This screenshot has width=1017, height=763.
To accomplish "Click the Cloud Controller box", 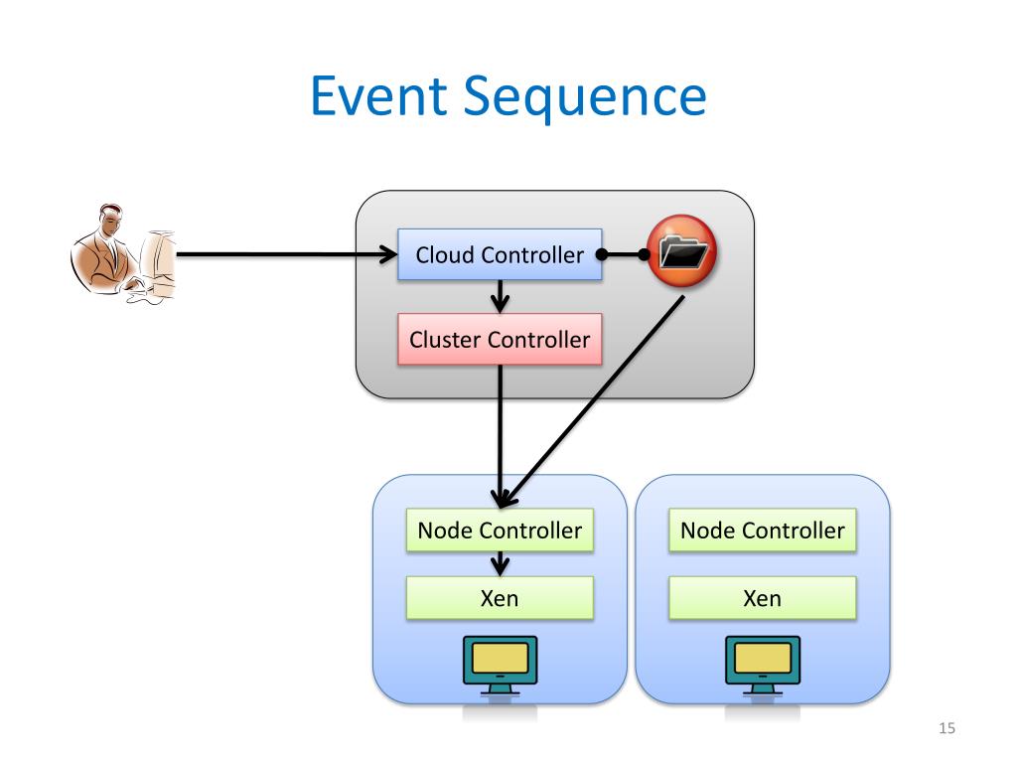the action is (500, 254).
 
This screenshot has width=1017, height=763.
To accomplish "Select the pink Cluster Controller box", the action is (500, 340).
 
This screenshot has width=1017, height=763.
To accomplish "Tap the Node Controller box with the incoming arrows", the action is (500, 531).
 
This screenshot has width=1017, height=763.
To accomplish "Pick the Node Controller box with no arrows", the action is (762, 531).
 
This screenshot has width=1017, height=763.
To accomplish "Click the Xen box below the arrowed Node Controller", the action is (500, 597).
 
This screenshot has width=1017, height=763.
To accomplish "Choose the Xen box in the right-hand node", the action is (762, 597).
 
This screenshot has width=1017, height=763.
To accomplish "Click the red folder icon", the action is (681, 251).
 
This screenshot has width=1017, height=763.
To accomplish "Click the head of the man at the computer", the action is (110, 220).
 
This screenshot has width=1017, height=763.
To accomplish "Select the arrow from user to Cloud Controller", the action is (287, 254).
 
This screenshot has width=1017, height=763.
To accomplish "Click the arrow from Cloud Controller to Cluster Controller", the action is (500, 296).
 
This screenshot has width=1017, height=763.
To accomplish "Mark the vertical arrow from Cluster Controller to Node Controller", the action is (501, 436).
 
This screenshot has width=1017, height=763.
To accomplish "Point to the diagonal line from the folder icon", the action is (594, 401).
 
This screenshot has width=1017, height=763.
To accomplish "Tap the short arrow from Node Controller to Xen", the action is (500, 564).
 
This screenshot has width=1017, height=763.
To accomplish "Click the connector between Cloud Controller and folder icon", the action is (623, 254).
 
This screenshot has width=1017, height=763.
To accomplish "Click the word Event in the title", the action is (378, 96).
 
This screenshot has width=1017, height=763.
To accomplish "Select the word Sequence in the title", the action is (585, 98).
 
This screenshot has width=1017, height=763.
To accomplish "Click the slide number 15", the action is (946, 728).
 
